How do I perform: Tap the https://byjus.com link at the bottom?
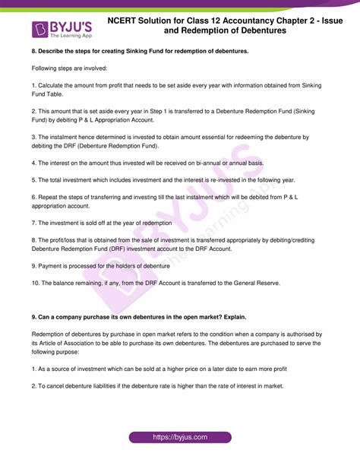tap(180, 438)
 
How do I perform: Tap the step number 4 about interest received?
tap(33, 163)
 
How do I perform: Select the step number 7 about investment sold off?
tap(33, 223)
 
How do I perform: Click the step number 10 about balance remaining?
tap(36, 283)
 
